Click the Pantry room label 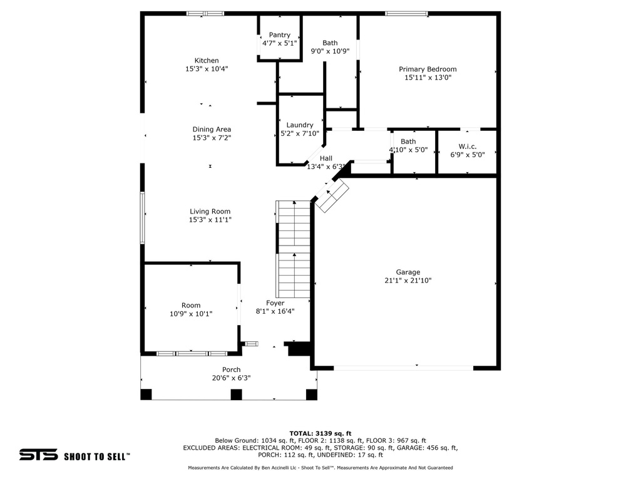pos(279,35)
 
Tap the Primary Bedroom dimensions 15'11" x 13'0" pos(428,78)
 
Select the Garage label pos(408,272)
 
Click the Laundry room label pos(299,125)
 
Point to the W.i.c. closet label pos(468,146)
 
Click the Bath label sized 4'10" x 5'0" pos(408,142)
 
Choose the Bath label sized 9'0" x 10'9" pos(330,43)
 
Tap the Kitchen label pos(207,61)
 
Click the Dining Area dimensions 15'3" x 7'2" pos(212,138)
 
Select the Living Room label pos(210,212)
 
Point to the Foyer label pos(275,303)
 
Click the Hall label pos(326,158)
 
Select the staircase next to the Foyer pos(294,249)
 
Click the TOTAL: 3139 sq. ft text pos(320,433)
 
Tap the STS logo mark pos(38,455)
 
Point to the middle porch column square pos(236,395)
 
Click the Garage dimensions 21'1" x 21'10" pos(408,281)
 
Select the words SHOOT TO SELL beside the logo pos(96,456)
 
